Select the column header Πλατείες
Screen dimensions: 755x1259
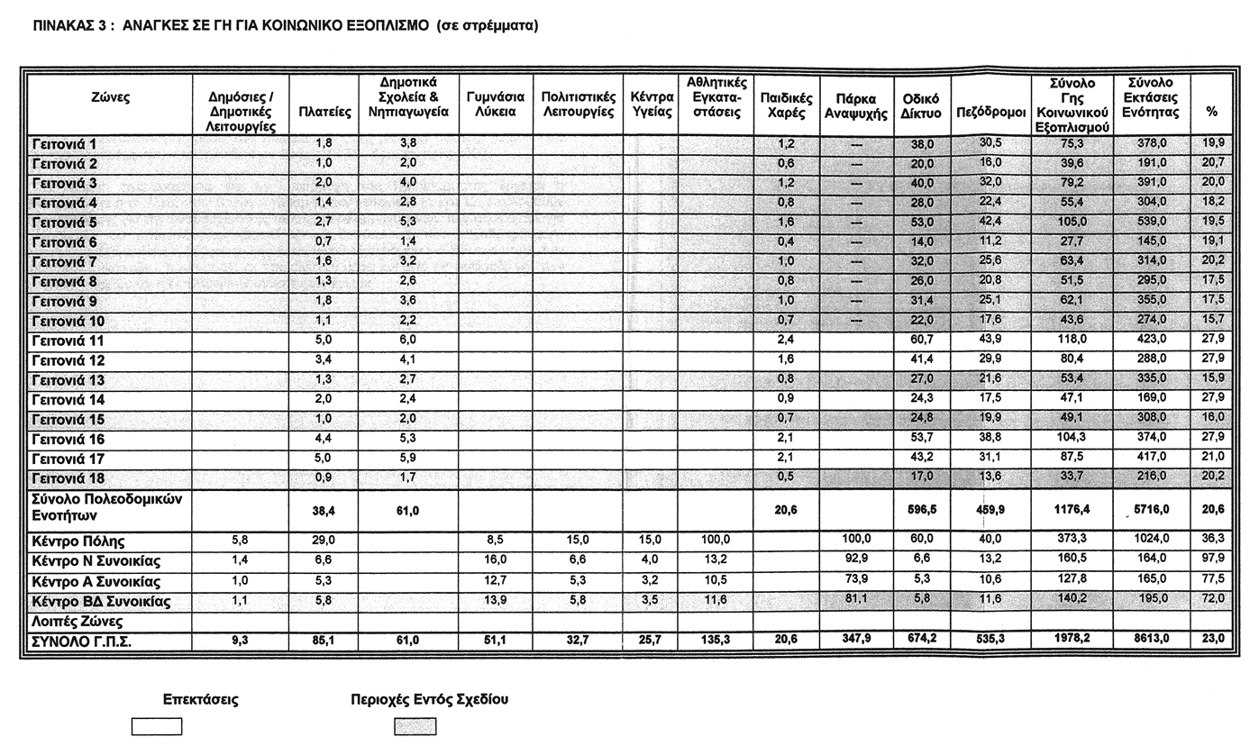[x=324, y=113]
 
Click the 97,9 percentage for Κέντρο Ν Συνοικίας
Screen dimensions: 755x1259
[x=1212, y=560]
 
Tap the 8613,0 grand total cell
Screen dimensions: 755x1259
[x=1151, y=639]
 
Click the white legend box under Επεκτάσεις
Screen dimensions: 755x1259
[x=157, y=726]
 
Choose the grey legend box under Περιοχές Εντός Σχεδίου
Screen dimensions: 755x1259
[x=415, y=726]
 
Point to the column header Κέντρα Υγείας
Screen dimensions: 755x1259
[x=652, y=105]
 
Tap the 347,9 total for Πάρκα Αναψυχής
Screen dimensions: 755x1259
[x=854, y=639]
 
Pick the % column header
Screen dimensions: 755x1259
[x=1211, y=112]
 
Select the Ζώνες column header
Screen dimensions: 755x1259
[x=110, y=97]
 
